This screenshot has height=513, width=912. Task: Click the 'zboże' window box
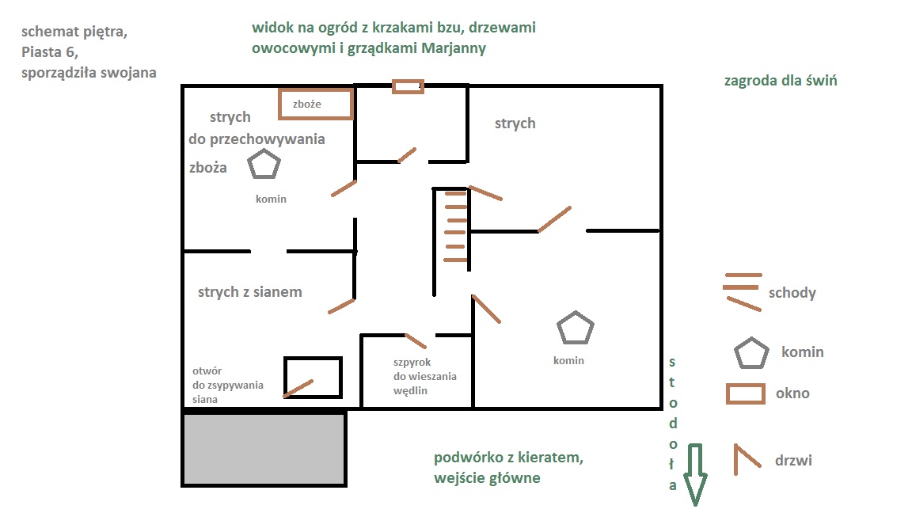[x=316, y=104]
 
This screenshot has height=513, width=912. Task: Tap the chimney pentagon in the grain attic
[x=264, y=165]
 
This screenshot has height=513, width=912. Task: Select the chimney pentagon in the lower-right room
[x=575, y=329]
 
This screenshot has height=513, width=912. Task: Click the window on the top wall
[x=408, y=86]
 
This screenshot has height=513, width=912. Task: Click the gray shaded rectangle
[x=264, y=448]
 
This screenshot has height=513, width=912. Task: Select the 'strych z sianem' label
[x=249, y=292]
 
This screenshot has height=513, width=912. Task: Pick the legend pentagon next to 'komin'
[x=751, y=354]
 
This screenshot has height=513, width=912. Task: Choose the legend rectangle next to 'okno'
[x=745, y=393]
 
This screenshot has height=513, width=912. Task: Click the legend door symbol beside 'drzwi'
[x=747, y=459]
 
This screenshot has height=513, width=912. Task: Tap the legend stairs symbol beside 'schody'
[x=743, y=291]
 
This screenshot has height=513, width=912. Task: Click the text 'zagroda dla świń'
[x=781, y=81]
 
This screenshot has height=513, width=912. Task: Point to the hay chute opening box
[x=313, y=378]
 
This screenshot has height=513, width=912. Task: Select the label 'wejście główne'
[x=487, y=478]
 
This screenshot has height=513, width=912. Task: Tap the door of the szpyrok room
[x=416, y=341]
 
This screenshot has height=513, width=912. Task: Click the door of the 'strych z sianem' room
[x=341, y=306]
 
